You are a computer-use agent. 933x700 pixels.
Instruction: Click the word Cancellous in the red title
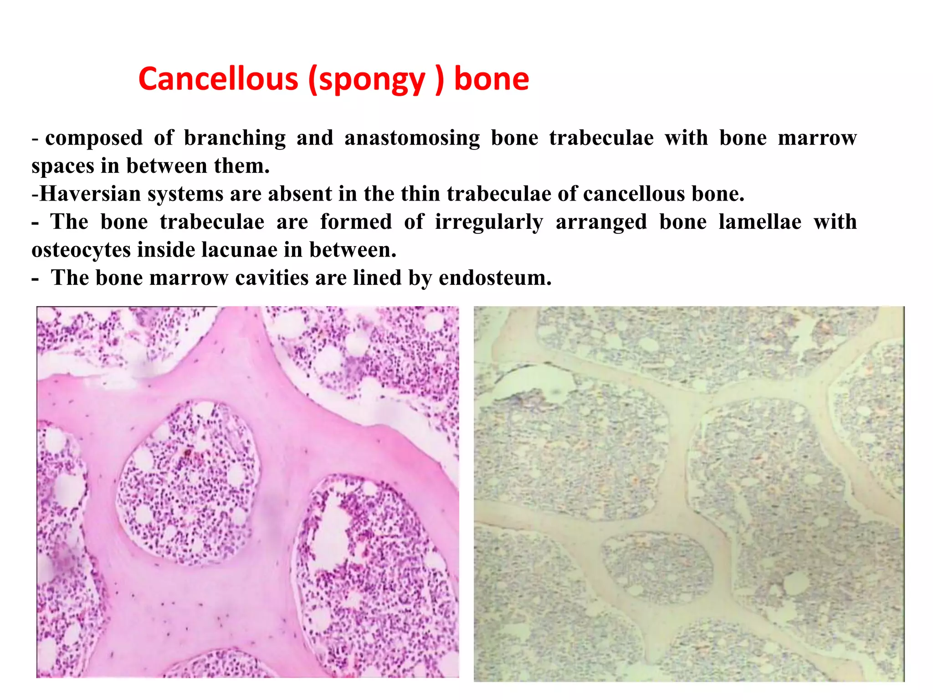click(218, 79)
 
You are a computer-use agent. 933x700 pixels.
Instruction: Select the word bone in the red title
click(492, 79)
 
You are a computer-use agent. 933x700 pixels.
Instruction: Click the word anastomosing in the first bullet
click(412, 138)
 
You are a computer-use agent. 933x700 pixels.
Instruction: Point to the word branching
click(235, 139)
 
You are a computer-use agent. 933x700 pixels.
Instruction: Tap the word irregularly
click(489, 222)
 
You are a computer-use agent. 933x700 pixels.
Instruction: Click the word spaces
click(62, 166)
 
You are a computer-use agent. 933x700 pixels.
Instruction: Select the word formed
click(356, 221)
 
